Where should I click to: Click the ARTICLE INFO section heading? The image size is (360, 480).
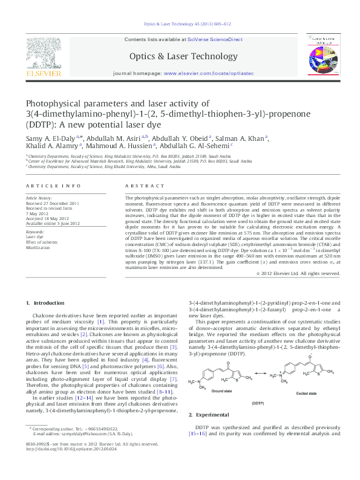click(x=53, y=185)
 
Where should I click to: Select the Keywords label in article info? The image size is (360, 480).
click(x=34, y=231)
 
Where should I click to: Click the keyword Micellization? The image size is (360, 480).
click(x=38, y=247)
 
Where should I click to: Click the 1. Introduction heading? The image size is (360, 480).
click(x=45, y=302)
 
